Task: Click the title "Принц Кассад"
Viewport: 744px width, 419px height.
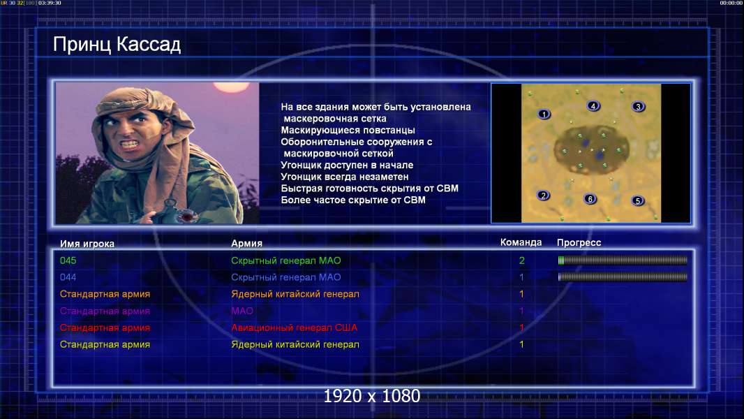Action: pos(117,45)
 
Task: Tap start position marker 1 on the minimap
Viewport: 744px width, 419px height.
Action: pos(544,114)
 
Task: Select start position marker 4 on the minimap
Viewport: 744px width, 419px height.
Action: pos(593,106)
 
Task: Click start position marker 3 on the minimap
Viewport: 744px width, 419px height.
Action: pos(638,107)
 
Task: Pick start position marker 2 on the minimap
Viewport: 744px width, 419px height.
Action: pos(543,195)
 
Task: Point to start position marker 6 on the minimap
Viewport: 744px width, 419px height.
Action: pos(590,199)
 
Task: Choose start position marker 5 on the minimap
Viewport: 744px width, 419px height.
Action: pos(638,200)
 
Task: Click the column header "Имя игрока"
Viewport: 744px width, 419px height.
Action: pos(87,244)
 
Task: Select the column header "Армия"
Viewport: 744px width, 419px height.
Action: pos(247,244)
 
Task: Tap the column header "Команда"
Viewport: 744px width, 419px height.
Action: pos(521,242)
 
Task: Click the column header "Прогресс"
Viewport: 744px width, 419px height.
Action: pos(579,243)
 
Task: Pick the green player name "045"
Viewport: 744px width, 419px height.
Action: pos(68,260)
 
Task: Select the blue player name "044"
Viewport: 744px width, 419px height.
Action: pos(68,277)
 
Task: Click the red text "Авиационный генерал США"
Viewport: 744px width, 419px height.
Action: pos(295,328)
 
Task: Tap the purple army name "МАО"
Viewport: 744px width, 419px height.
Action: pos(242,311)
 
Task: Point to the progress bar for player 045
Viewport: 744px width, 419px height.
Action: pos(623,260)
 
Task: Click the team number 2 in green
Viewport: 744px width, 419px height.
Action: pos(522,260)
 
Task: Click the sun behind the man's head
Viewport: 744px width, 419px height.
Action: pos(231,87)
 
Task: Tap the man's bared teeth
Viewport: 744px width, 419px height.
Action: pos(129,142)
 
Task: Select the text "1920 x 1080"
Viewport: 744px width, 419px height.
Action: pos(372,396)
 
